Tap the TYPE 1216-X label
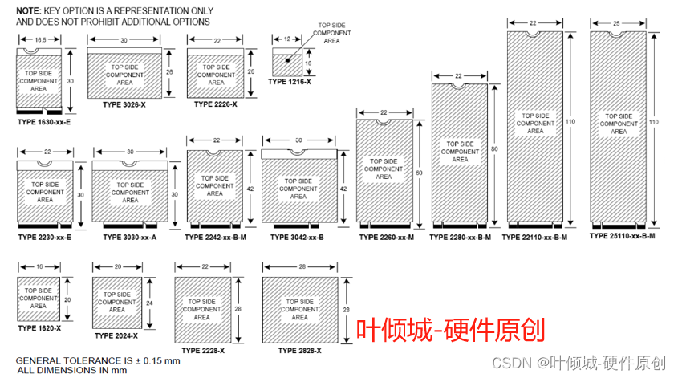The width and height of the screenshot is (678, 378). [289, 82]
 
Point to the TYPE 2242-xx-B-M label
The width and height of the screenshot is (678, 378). [215, 237]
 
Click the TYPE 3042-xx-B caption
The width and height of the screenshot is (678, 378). [297, 237]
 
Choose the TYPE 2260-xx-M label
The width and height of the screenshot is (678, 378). [386, 237]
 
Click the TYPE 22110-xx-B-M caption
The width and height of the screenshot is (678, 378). [534, 237]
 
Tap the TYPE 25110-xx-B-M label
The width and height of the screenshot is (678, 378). [622, 236]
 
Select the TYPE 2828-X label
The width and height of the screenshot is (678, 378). [299, 351]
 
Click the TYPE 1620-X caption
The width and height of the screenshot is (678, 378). [39, 328]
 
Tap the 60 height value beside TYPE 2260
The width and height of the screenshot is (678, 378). [418, 172]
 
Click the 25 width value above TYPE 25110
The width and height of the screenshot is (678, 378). [617, 23]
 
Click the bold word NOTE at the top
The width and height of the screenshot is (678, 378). [29, 10]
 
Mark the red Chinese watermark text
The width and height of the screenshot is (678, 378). [450, 329]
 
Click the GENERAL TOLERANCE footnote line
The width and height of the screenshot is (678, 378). [98, 360]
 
